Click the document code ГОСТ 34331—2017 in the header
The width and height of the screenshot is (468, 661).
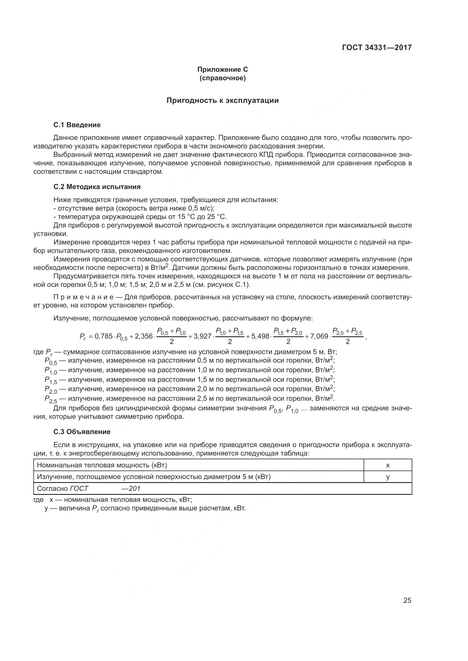pos(377,47)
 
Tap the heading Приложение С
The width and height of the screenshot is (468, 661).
pos(222,70)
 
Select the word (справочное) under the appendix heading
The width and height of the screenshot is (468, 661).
pos(222,78)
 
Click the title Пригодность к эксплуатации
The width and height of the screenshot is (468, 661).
pos(222,101)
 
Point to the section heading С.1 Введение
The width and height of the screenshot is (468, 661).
pos(77,125)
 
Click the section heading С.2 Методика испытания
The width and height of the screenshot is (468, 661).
pos(97,187)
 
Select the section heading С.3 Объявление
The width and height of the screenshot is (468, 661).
pos(82,432)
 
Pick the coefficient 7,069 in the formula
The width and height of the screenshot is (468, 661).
pos(319,336)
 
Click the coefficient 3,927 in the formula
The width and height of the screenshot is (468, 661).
pos(203,336)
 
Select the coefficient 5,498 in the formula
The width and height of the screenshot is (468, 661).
pos(260,336)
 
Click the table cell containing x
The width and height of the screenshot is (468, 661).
pos(388,465)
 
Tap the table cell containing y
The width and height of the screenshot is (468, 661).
pos(388,477)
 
